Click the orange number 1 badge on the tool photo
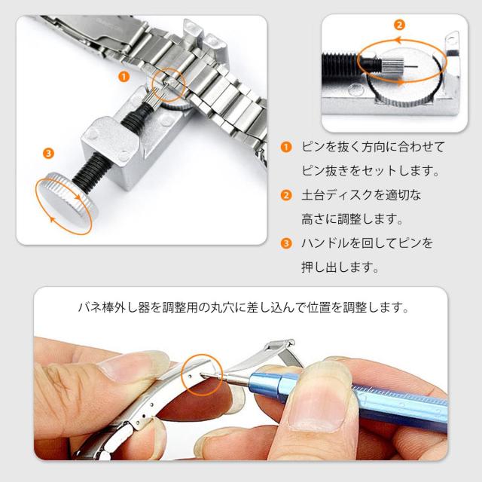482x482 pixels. (124, 77)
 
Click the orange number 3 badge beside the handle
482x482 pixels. (48, 154)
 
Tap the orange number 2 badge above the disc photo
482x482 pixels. (399, 25)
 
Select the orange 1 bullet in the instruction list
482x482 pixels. (286, 147)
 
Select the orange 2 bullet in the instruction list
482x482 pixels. (286, 195)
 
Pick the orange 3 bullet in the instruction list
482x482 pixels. (286, 243)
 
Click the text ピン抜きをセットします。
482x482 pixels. (370, 171)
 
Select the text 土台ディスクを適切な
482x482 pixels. (361, 195)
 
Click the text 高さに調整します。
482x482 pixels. (352, 219)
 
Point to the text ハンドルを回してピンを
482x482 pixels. (367, 243)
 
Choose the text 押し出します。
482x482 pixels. (340, 267)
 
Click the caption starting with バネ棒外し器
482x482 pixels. (243, 307)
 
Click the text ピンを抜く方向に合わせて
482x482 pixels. (374, 147)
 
